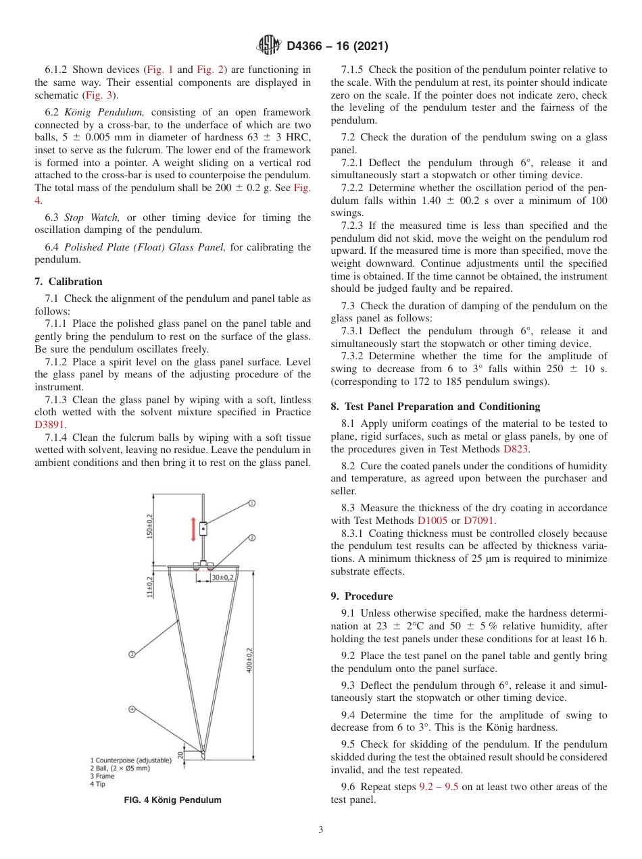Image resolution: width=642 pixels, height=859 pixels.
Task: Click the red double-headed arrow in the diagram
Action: click(193, 529)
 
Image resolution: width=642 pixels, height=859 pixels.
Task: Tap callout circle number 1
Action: click(251, 503)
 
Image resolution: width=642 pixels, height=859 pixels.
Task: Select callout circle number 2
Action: click(251, 538)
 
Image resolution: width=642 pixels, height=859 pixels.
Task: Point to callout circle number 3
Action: click(132, 654)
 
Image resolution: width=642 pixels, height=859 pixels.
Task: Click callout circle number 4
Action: click(132, 709)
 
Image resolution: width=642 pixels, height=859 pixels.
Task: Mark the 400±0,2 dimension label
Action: click(249, 660)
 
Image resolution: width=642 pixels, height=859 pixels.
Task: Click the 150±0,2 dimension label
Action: click(150, 526)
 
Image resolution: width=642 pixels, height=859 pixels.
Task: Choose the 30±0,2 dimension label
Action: click(222, 577)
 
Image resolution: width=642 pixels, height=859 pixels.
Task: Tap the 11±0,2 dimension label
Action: click(150, 587)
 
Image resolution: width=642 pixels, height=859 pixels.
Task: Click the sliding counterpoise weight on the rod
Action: click(203, 529)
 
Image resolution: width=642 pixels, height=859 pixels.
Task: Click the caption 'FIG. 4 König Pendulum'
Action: click(173, 800)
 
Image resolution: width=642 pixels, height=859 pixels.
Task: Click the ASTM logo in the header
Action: click(270, 47)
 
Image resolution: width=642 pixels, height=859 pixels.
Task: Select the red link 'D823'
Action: click(516, 448)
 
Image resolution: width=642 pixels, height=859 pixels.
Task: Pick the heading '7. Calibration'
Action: click(68, 282)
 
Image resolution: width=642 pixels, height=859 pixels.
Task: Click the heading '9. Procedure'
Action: click(362, 596)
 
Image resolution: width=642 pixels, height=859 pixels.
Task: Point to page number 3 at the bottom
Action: click(320, 830)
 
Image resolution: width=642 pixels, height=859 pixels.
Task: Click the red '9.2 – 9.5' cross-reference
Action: click(439, 787)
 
